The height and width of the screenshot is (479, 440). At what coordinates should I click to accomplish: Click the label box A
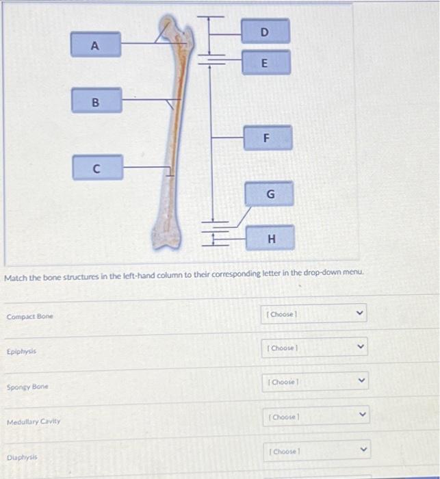tap(96, 45)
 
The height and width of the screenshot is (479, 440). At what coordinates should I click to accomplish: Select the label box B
tap(96, 101)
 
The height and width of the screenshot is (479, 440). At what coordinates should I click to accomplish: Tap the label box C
tap(98, 167)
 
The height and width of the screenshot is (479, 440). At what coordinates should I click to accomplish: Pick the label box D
tap(265, 31)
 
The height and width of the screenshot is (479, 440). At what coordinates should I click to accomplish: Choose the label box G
tap(270, 194)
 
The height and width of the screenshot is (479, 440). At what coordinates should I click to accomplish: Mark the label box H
tap(271, 238)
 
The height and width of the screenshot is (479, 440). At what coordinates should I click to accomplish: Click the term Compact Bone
tap(29, 317)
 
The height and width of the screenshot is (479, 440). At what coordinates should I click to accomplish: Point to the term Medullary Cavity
tap(34, 422)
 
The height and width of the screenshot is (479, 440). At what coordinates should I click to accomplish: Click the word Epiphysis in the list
tap(21, 351)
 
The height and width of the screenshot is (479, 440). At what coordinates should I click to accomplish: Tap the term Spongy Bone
tap(27, 387)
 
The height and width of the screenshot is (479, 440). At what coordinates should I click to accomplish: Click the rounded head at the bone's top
tap(166, 27)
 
